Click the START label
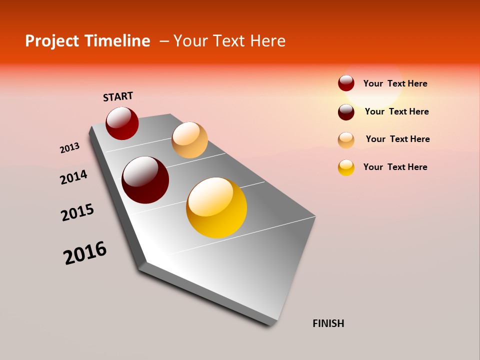point(118,96)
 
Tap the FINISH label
point(328,323)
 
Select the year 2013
point(69,148)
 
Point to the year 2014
point(73,177)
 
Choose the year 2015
point(77,212)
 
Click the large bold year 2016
point(85,253)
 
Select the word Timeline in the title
point(119,41)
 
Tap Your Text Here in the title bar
point(229,41)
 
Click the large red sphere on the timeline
point(122,123)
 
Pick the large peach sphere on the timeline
point(189,140)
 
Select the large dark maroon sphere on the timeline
point(145,180)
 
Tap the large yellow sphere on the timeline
point(216,207)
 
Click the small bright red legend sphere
point(346,83)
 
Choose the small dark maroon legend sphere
point(346,111)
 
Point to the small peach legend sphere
point(346,139)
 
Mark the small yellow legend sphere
point(346,167)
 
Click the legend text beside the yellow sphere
point(395,167)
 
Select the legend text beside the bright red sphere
point(395,83)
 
